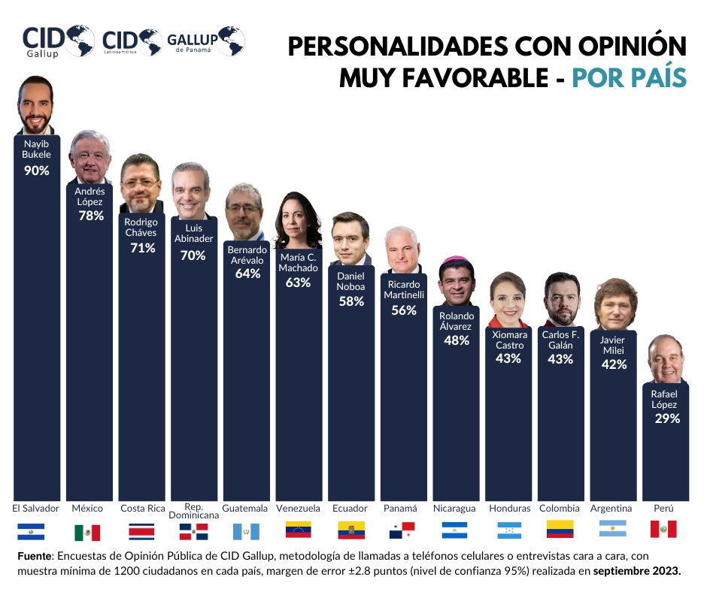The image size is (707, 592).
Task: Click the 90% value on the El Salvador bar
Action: (36, 171)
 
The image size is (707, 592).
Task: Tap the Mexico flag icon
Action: (87, 533)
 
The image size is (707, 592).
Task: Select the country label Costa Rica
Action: (143, 509)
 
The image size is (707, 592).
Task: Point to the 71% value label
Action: (141, 248)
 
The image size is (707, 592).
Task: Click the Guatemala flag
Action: (246, 531)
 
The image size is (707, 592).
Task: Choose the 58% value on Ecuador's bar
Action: (350, 301)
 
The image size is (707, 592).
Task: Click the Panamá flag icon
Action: (402, 531)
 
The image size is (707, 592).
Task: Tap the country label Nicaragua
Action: (454, 509)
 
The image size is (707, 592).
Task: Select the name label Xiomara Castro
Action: (508, 340)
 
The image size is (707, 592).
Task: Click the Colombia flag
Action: (560, 529)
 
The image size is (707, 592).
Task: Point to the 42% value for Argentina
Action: (612, 364)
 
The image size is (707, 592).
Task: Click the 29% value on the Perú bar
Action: (666, 418)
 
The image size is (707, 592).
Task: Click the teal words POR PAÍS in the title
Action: (629, 77)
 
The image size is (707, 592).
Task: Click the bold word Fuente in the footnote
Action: (35, 556)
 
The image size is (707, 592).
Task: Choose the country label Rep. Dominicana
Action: (194, 512)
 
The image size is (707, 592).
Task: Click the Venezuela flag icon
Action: (299, 530)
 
